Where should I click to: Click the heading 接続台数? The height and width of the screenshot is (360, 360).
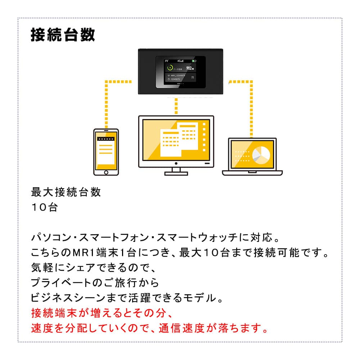click(63, 35)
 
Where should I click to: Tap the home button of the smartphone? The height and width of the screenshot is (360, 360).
click(106, 172)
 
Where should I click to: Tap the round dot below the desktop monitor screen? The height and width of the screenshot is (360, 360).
click(176, 164)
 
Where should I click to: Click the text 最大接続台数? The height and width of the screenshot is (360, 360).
click(66, 192)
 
